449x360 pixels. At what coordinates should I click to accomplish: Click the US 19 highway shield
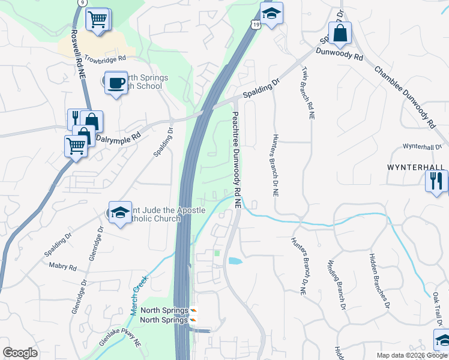pyautogui.click(x=256, y=25)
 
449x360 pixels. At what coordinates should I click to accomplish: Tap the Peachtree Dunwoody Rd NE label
pyautogui.click(x=236, y=160)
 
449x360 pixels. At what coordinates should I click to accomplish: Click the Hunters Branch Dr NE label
pyautogui.click(x=275, y=165)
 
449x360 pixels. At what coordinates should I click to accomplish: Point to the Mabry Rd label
pyautogui.click(x=64, y=267)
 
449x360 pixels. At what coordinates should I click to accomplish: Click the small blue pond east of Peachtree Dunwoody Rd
pyautogui.click(x=234, y=261)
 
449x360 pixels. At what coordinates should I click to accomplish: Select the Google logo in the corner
pyautogui.click(x=20, y=353)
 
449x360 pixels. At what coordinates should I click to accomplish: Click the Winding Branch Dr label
pyautogui.click(x=337, y=285)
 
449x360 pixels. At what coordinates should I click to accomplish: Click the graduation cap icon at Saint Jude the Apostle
pyautogui.click(x=120, y=212)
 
